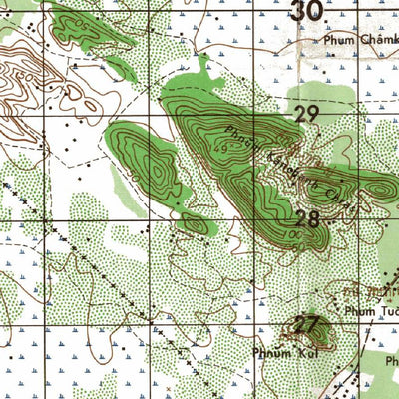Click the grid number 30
coord(306,12)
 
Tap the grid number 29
coord(306,115)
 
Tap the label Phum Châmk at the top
coord(359,41)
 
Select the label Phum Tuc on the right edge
coord(371,311)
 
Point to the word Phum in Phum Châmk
coord(336,41)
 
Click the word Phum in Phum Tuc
coord(359,311)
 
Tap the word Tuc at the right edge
coord(387,311)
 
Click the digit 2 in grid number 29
coord(300,115)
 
